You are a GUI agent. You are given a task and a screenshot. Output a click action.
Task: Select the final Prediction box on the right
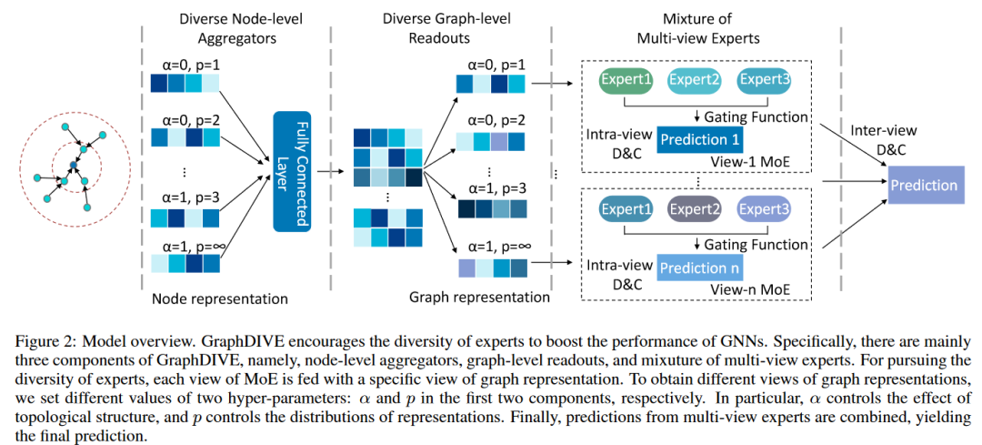pos(924,186)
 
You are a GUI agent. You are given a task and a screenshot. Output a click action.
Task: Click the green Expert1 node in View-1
pos(626,80)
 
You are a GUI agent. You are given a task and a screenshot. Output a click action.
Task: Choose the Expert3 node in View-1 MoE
pos(764,80)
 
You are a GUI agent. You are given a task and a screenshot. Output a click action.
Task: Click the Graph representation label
pos(479,297)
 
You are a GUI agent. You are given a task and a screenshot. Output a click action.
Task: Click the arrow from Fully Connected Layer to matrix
pos(330,169)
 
